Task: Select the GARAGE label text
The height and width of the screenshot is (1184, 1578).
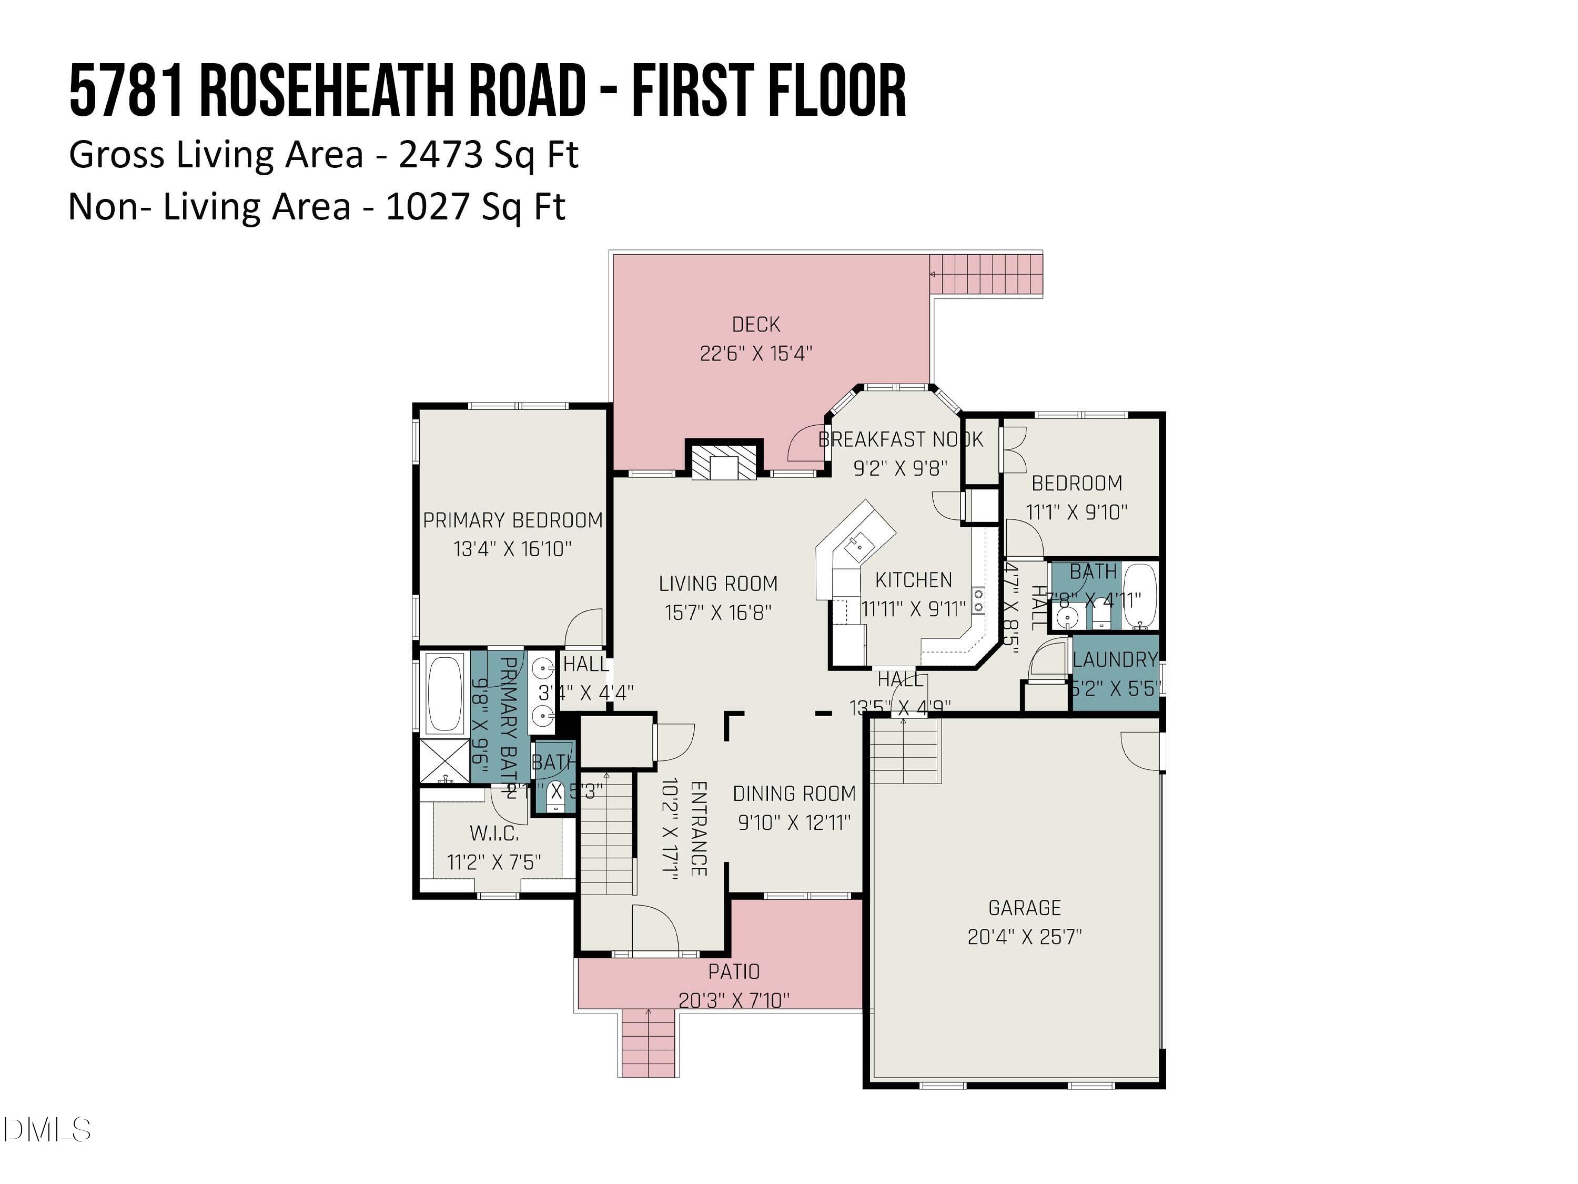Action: [x=1025, y=908]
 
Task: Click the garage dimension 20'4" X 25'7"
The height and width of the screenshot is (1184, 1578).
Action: [x=1025, y=937]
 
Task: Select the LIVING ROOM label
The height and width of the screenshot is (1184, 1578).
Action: [x=717, y=584]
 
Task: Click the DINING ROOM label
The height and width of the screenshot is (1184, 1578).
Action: [x=794, y=794]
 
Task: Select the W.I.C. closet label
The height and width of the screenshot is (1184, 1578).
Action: [x=494, y=833]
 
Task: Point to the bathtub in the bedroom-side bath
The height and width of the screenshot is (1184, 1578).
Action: [x=1139, y=596]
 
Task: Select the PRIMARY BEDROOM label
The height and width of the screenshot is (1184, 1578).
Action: [x=512, y=520]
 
